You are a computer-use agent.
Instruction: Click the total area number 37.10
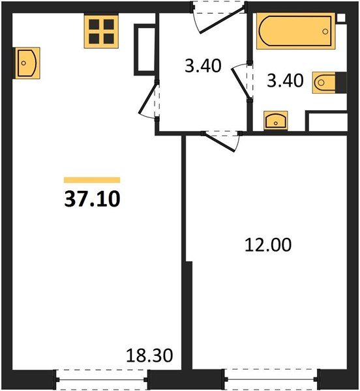(x=92, y=199)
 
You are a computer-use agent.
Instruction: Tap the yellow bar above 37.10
(x=92, y=180)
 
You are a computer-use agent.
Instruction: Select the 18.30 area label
(x=149, y=355)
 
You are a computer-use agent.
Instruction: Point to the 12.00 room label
(x=268, y=244)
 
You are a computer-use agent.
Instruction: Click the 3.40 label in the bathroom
(x=285, y=80)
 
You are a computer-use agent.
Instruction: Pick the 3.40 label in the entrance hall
(x=203, y=66)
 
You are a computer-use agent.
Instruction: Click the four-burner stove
(x=101, y=31)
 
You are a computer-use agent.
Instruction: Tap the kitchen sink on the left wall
(x=27, y=63)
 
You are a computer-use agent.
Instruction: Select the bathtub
(x=295, y=31)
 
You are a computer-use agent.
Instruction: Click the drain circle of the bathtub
(x=325, y=31)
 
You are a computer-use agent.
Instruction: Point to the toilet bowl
(x=323, y=83)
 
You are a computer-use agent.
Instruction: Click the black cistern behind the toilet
(x=341, y=83)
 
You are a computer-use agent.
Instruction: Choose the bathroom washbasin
(x=276, y=121)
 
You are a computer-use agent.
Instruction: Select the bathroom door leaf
(x=241, y=83)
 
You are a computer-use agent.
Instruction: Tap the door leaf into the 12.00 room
(x=220, y=142)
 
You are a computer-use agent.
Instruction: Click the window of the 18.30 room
(x=101, y=380)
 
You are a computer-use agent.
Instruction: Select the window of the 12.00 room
(x=271, y=379)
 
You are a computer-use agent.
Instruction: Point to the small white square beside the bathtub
(x=341, y=18)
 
